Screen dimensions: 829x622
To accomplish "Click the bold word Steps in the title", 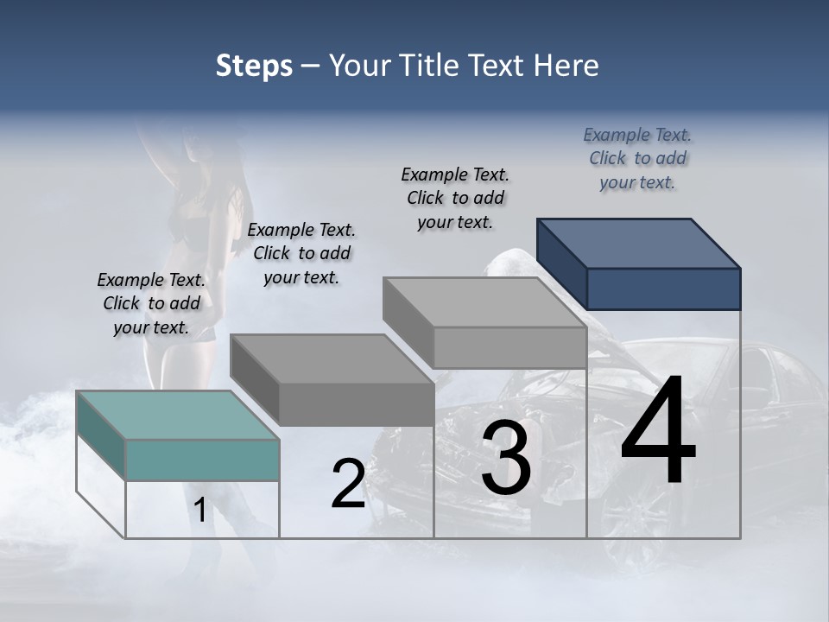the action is click(254, 66).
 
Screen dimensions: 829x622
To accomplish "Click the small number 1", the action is click(199, 511).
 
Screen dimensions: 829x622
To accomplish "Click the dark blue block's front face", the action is click(663, 289).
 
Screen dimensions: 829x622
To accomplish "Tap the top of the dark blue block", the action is click(639, 243).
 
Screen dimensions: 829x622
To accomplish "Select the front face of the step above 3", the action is click(509, 347).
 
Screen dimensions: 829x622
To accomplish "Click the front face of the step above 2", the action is click(356, 404).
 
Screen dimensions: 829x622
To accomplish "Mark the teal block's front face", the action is click(202, 460).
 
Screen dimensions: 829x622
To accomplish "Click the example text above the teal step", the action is click(151, 303).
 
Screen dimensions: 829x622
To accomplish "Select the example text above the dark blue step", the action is click(637, 158).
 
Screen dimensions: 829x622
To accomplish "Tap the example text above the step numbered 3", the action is click(455, 198).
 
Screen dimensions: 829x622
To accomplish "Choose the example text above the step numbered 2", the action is click(301, 253).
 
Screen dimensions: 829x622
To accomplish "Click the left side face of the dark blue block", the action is click(561, 263).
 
